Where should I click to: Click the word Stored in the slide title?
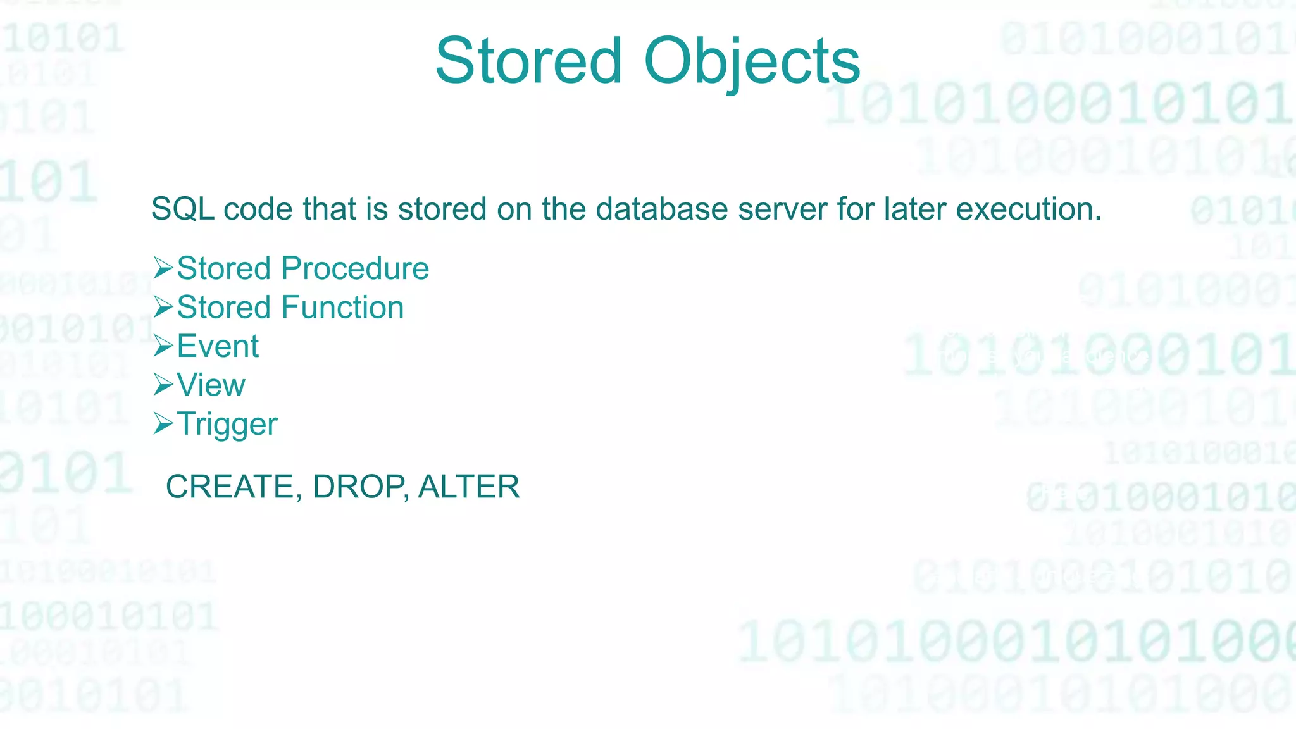click(528, 61)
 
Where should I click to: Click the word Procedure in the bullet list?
click(355, 268)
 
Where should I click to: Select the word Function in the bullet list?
click(342, 308)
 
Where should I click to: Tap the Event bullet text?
click(218, 346)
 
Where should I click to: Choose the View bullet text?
click(211, 385)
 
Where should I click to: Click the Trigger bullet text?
click(227, 425)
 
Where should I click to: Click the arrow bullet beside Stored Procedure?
click(163, 268)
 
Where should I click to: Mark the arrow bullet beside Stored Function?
click(163, 308)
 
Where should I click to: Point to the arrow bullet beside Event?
click(163, 346)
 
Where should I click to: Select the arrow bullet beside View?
click(163, 385)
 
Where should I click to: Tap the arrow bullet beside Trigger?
click(163, 424)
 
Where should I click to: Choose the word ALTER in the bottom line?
click(469, 487)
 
